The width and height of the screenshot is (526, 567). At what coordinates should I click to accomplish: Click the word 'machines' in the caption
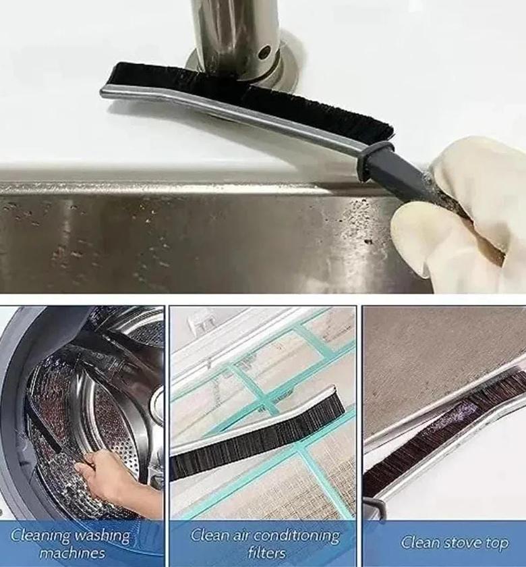tap(72, 553)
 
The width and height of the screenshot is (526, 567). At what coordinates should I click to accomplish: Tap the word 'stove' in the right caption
tap(463, 542)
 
